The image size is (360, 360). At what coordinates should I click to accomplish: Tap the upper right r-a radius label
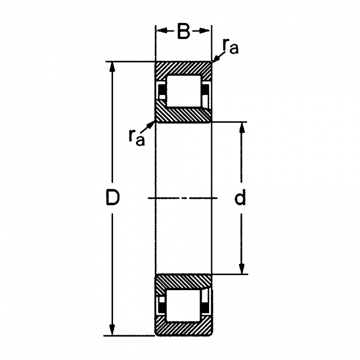(230, 50)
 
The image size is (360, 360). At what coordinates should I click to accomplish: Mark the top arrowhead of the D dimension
(111, 67)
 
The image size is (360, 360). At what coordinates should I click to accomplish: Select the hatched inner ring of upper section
(183, 115)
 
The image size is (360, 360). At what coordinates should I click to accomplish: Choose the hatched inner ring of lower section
(183, 282)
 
